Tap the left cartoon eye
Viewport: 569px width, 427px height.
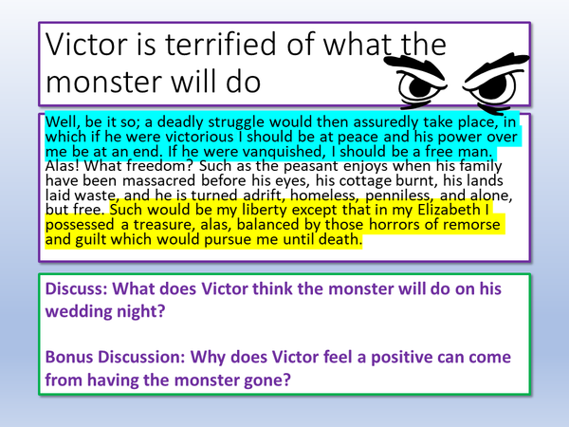[x=418, y=85]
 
